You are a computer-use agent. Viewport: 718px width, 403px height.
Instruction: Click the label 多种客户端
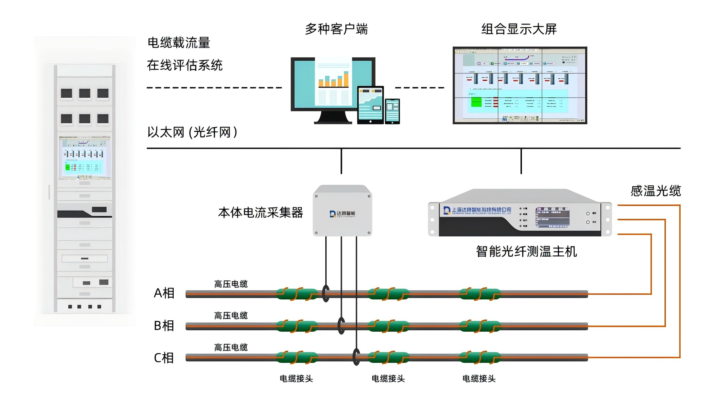336,29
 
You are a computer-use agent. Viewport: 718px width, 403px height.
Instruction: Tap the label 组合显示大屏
519,29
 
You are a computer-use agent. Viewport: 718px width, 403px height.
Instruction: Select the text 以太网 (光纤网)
192,132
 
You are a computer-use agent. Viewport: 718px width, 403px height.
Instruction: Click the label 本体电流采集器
260,213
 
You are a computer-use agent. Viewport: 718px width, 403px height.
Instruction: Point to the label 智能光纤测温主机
526,252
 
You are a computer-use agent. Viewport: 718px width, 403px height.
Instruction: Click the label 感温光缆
655,191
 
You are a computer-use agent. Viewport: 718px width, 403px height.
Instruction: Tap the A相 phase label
164,293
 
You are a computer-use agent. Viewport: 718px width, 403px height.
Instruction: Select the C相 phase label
164,358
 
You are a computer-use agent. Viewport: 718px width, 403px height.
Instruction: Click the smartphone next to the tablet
392,111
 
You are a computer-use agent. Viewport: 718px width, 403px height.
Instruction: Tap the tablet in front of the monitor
370,105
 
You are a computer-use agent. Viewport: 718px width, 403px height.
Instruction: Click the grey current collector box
342,211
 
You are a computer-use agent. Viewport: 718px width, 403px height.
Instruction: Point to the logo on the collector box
342,214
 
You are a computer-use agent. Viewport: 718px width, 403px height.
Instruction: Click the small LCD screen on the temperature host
552,217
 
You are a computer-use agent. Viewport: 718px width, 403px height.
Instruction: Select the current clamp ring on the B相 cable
341,325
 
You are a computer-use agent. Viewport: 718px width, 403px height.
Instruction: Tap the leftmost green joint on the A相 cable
297,294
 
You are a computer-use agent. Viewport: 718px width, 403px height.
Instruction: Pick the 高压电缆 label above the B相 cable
231,316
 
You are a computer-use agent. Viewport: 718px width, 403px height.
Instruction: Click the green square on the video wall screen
476,102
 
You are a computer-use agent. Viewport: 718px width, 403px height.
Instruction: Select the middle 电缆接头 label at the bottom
388,379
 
